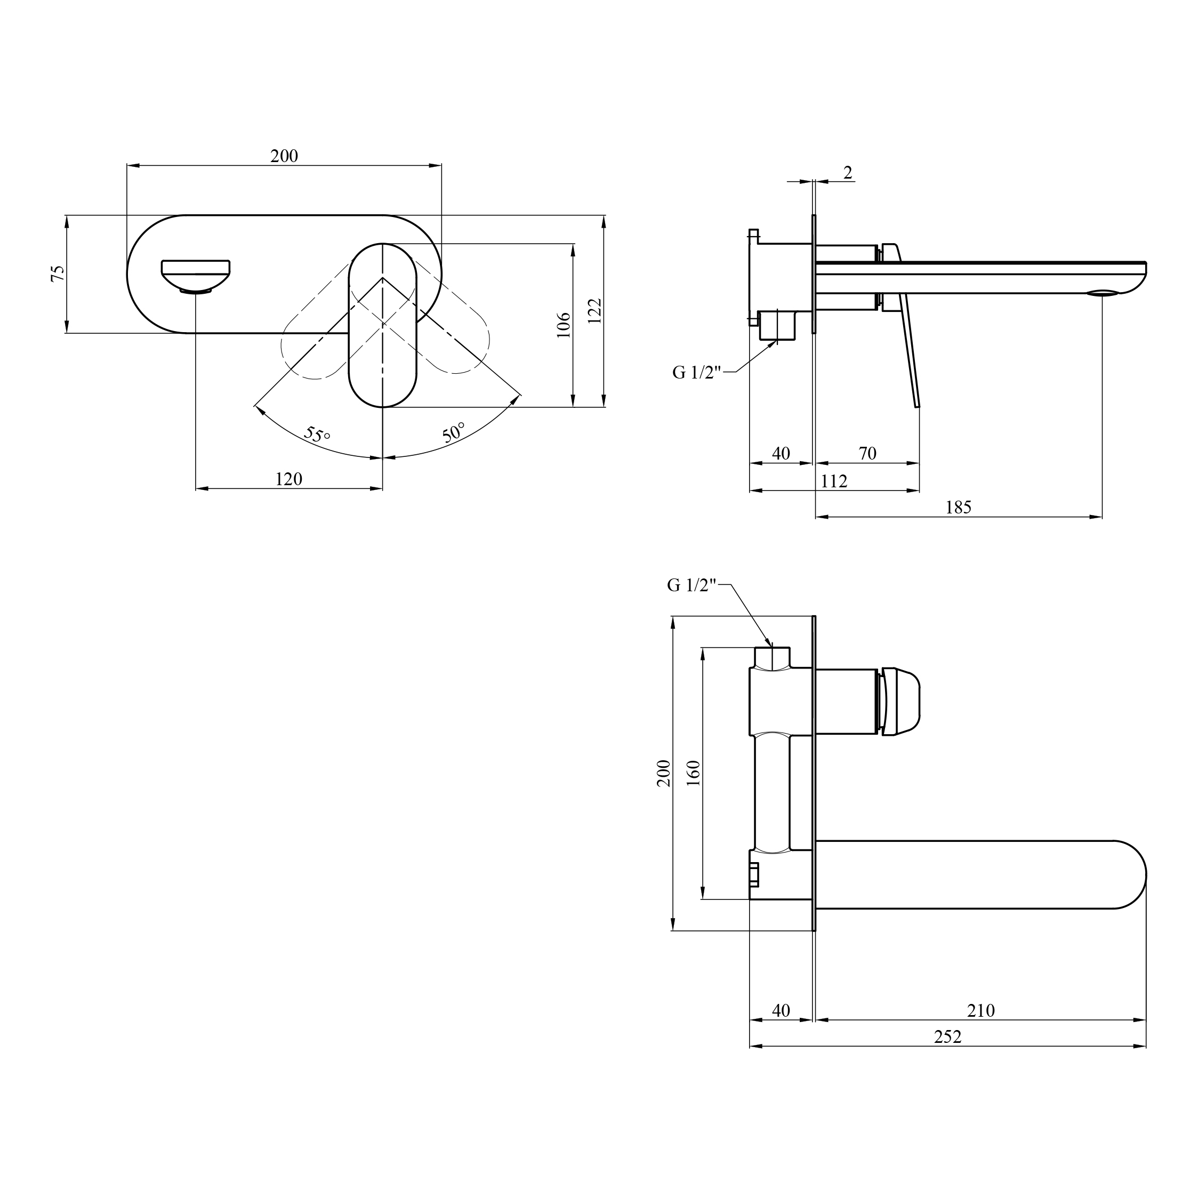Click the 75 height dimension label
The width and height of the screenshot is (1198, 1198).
(57, 274)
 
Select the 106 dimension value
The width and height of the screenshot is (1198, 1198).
(563, 325)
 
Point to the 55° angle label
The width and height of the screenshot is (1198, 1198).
(317, 434)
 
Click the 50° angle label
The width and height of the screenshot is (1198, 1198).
(454, 432)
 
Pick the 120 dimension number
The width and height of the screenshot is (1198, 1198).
(288, 479)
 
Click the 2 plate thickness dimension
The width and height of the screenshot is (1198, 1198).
(848, 172)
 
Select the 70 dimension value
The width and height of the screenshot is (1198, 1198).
(867, 453)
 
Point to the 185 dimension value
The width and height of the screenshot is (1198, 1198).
(958, 507)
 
